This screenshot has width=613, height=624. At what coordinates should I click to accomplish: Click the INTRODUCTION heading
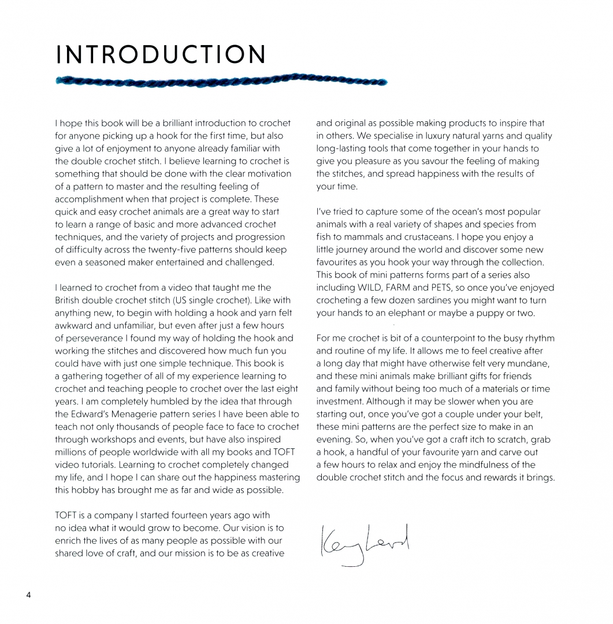pos(161,55)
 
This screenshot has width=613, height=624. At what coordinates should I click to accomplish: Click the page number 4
pos(28,596)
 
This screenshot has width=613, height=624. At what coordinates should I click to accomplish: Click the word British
pos(69,300)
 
